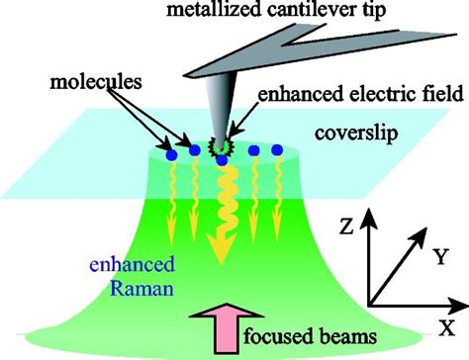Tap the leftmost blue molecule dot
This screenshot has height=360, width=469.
click(x=172, y=154)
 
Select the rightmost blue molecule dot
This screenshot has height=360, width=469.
click(x=277, y=149)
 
